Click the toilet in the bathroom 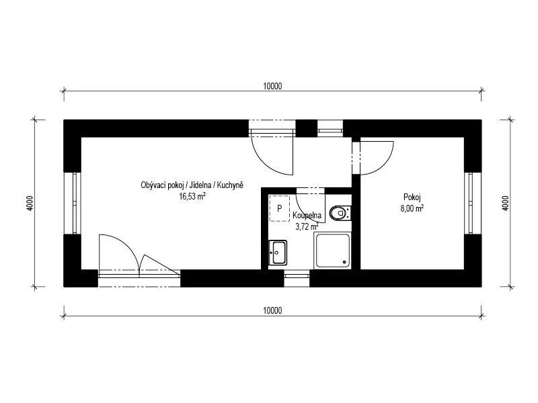[x=340, y=213]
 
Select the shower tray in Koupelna [x=333, y=251]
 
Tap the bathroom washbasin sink [x=278, y=253]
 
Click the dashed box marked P [x=279, y=208]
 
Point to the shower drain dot [x=344, y=262]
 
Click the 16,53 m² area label [x=192, y=196]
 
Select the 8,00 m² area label [x=412, y=208]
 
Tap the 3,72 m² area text [x=307, y=226]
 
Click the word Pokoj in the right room [x=412, y=197]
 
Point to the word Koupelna [x=307, y=215]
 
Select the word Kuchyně [x=230, y=185]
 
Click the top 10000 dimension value [x=272, y=87]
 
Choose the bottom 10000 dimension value [x=272, y=310]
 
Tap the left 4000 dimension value [x=30, y=203]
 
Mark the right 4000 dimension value [x=506, y=203]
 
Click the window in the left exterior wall [x=76, y=203]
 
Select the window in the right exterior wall [x=469, y=203]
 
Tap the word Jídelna [x=201, y=185]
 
